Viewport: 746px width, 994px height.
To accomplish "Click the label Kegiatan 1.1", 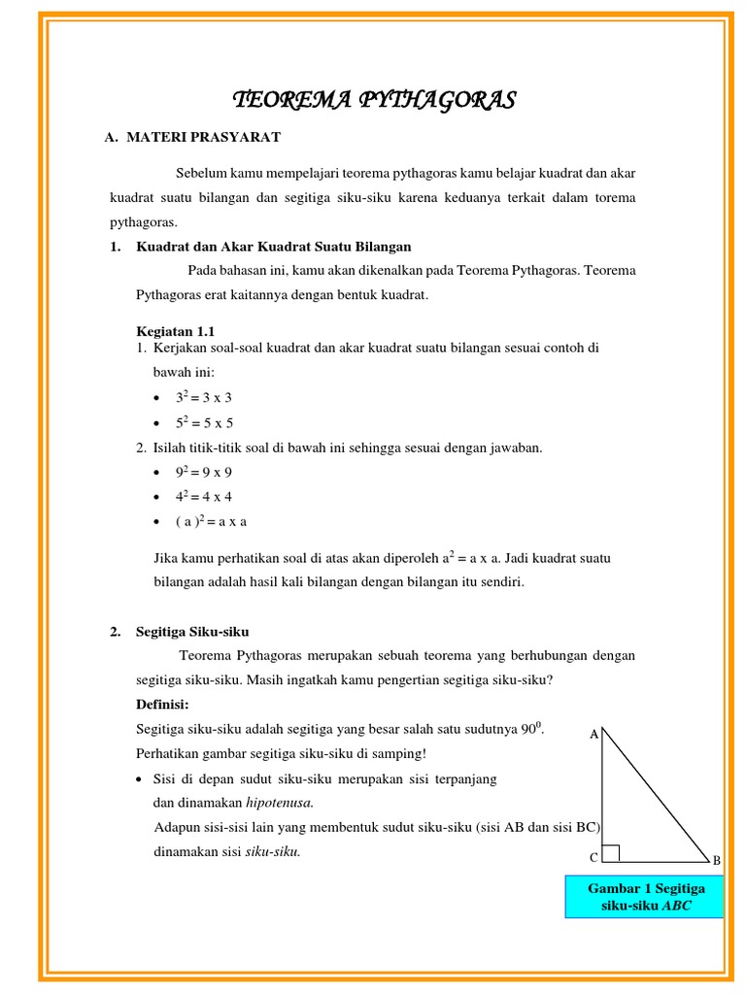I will (x=175, y=331).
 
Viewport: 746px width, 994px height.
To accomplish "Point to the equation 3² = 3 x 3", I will (x=204, y=397).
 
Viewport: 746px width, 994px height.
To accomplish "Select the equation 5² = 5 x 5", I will (x=204, y=422).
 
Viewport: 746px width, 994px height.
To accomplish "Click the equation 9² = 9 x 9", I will (x=204, y=473).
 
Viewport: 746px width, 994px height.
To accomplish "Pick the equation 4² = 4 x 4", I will (x=204, y=497).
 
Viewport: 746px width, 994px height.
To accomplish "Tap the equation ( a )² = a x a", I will (x=211, y=521).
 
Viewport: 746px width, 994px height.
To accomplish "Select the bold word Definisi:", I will (x=162, y=704).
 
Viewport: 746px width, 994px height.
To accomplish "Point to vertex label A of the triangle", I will (x=593, y=735).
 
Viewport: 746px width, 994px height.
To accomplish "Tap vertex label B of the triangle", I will (x=717, y=860).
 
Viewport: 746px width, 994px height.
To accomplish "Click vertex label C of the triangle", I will (x=593, y=858).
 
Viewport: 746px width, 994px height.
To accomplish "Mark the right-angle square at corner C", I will (x=610, y=853).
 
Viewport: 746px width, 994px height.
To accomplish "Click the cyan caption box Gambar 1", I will (x=646, y=897).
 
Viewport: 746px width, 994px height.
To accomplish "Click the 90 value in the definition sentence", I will (x=527, y=729).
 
